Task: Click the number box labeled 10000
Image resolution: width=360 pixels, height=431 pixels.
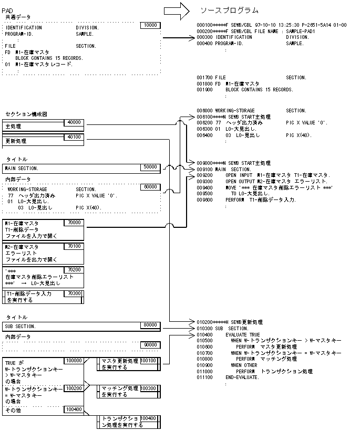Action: point(150,25)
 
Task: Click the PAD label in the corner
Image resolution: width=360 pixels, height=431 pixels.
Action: point(7,10)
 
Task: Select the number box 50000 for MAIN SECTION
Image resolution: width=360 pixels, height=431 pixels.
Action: point(150,167)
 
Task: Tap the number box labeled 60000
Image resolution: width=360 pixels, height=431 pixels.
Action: point(150,186)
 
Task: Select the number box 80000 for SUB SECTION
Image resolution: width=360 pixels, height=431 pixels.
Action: point(150,325)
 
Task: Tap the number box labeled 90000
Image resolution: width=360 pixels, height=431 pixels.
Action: point(150,344)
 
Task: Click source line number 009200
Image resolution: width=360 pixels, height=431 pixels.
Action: point(204,175)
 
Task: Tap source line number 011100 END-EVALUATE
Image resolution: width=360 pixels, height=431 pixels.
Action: point(204,377)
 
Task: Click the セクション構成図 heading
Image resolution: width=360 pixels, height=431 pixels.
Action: point(26,114)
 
